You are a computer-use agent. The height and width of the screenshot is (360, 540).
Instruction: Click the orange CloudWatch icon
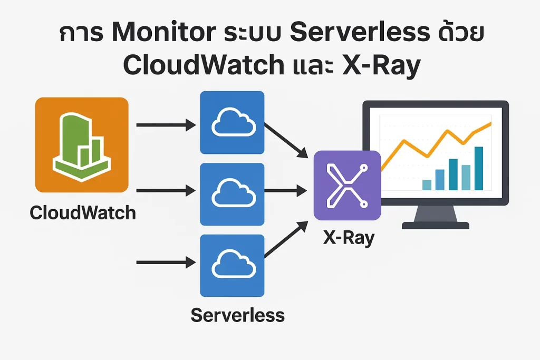pos(82,144)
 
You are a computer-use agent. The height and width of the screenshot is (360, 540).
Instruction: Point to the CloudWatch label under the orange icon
pos(83,213)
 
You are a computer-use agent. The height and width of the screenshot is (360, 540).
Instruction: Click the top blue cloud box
pos(232,123)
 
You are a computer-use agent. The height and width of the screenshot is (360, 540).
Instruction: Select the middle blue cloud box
pos(232,194)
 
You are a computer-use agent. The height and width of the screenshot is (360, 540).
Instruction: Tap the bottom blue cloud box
pos(232,266)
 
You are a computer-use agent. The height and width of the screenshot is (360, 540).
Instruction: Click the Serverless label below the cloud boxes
pos(237,315)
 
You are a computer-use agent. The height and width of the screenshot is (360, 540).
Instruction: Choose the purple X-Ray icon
pos(347,185)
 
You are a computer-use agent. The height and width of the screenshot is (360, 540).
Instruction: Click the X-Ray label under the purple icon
pos(349,237)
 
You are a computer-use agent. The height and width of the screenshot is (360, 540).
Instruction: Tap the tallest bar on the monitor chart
pos(479,168)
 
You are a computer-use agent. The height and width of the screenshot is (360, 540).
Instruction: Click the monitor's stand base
pos(435,226)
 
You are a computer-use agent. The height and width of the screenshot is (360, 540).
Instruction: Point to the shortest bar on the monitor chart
pos(427,184)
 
